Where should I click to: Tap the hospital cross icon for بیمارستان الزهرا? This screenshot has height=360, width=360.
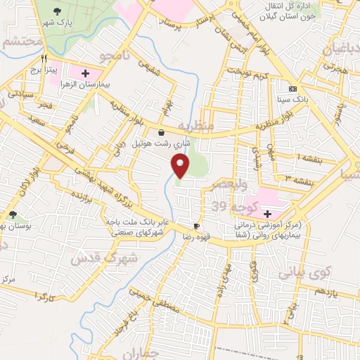coord(86,72)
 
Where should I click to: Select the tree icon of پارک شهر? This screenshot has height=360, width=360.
coord(58,11)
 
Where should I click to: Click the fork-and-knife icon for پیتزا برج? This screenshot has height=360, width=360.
coord(44,59)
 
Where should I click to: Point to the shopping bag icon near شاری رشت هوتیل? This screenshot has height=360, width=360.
coord(162,131)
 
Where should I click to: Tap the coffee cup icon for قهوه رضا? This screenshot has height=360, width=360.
coord(196,226)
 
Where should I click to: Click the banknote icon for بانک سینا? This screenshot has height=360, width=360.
coord(293,89)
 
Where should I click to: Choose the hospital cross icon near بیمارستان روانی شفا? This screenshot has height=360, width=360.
coord(266,214)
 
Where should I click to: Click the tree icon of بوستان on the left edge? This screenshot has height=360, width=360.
coord(13,214)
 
